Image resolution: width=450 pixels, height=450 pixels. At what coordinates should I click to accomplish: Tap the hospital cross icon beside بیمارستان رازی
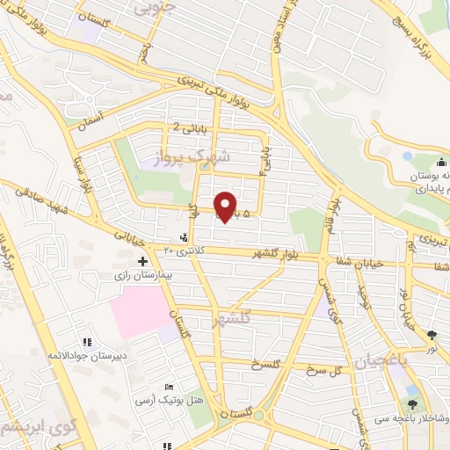(x=142, y=261)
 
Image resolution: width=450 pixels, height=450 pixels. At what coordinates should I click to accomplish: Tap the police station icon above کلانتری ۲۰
(x=183, y=237)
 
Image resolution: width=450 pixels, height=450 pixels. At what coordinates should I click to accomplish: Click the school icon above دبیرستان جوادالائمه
(x=86, y=342)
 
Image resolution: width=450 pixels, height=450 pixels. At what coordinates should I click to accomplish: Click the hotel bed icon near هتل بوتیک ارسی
(x=170, y=388)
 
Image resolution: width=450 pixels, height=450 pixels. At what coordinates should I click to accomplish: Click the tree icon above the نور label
(x=432, y=335)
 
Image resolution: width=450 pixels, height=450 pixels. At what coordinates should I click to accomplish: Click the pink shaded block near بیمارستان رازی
(x=141, y=312)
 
